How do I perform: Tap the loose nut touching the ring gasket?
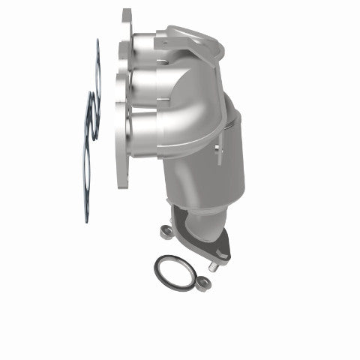point(203,283)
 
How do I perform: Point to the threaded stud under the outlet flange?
point(214,265)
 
